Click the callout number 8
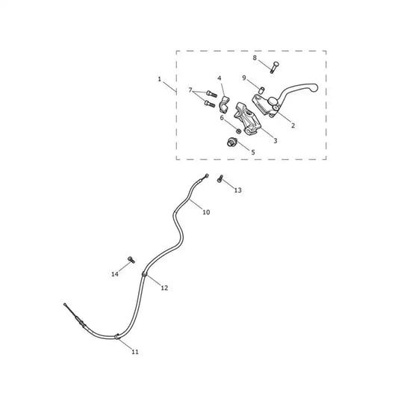point(255,58)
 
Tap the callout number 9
point(244,78)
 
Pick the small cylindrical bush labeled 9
point(261,90)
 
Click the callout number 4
point(220,78)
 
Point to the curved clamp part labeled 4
point(223,105)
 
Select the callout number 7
point(190,90)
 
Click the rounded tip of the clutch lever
point(314,87)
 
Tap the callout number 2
point(293,125)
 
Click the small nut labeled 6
point(238,131)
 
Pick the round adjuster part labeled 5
point(231,142)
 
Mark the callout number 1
point(159,79)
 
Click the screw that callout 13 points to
point(220,178)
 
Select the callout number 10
point(206,212)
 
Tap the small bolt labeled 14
point(131,260)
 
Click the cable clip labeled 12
point(144,275)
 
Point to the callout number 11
point(135,352)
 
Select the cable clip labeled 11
point(116,337)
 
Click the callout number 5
point(253,152)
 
